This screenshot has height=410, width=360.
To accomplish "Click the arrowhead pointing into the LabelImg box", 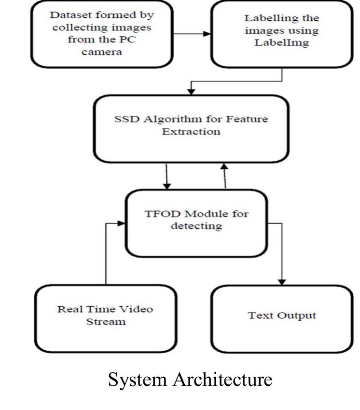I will pyautogui.click(x=208, y=34).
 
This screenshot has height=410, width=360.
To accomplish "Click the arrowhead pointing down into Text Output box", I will pyautogui.click(x=283, y=281).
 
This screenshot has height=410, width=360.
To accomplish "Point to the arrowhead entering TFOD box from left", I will pyautogui.click(x=123, y=223).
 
